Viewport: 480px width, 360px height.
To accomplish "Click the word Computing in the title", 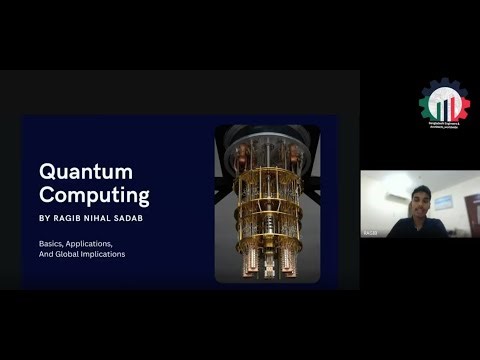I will pos(94,194).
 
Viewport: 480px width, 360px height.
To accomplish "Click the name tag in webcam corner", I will pos(369,233).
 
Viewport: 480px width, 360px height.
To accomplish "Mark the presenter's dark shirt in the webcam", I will pos(417,227).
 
